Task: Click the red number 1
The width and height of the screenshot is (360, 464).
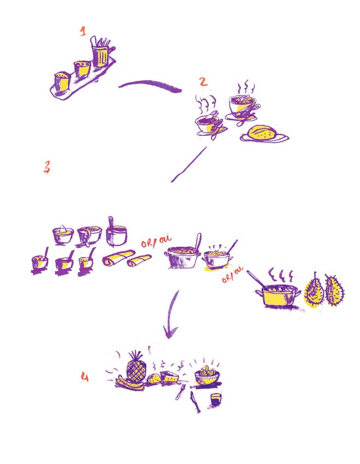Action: point(83,31)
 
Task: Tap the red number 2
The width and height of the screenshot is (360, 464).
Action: point(203,82)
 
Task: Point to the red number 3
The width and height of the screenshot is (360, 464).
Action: point(47,166)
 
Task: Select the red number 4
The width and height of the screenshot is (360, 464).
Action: point(85,377)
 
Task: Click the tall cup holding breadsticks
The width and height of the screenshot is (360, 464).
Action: point(100,54)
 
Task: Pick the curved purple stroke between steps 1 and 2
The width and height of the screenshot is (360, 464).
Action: point(150,85)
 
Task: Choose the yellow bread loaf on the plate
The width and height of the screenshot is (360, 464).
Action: point(262,133)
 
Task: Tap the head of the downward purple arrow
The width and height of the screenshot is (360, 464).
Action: point(171,331)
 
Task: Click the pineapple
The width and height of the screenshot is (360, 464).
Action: point(136,367)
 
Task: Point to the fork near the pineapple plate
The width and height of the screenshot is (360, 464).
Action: point(180,391)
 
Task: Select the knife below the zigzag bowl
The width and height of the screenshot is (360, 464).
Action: point(195,402)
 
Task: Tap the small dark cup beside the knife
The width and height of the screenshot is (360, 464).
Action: point(216,400)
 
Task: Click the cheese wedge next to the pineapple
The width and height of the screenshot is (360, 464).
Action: point(170,377)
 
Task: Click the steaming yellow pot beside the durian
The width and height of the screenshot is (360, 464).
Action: point(278,295)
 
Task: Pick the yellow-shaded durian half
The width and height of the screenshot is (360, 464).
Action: point(314,291)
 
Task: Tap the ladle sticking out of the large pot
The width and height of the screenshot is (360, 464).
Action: point(197,243)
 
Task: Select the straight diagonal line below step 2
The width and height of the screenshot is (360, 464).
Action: point(189,164)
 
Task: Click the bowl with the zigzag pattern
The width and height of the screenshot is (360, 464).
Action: point(207,378)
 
